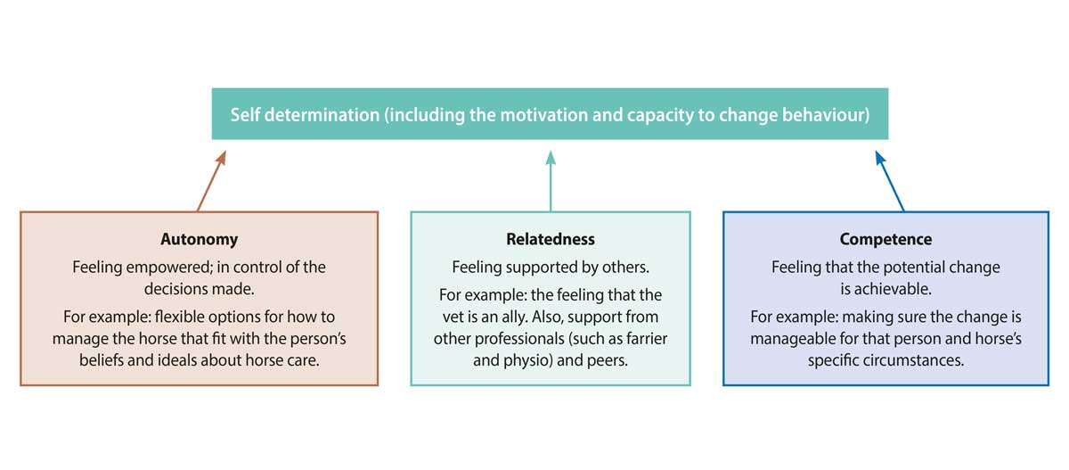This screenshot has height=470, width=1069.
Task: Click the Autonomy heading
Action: tap(199, 239)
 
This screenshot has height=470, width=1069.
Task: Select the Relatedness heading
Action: tap(551, 239)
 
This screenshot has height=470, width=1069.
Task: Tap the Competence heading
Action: tap(885, 239)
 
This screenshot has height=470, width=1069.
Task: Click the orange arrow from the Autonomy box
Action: tap(211, 181)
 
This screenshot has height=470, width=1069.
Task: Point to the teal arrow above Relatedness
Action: tap(551, 181)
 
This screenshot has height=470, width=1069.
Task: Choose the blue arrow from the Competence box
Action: tap(890, 181)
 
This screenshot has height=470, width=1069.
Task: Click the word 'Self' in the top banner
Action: tap(245, 115)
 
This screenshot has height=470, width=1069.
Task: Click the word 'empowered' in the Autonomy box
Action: tap(169, 267)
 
